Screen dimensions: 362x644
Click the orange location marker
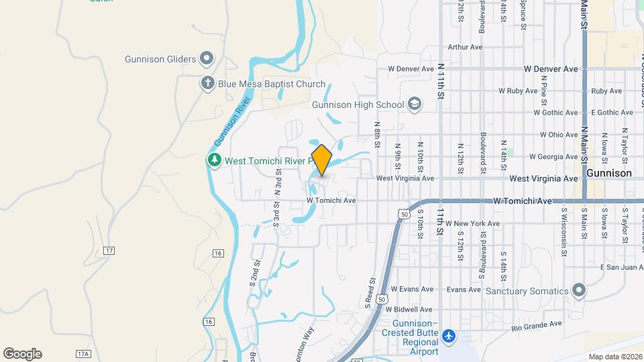[322, 160]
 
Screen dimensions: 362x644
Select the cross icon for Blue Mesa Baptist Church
[208, 84]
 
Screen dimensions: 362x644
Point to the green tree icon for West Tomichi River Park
[214, 161]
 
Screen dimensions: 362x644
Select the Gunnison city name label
[609, 172]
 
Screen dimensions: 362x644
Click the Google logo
[22, 353]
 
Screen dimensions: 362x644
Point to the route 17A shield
[83, 353]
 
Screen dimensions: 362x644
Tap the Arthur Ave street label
[465, 48]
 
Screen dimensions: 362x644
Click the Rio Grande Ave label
[536, 325]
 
